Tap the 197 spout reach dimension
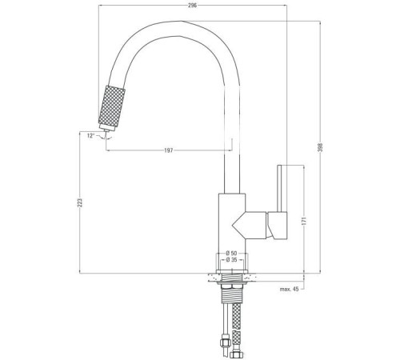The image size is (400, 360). pos(167,150)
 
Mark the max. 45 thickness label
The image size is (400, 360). pos(290,289)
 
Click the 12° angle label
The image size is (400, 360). pos(91,136)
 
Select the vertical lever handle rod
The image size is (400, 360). pos(280,188)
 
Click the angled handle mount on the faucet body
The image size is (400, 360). pos(254,225)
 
